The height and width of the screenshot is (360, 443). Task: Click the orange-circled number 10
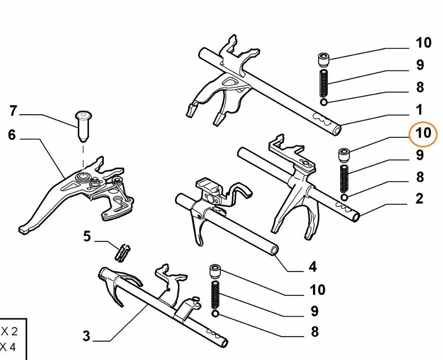424,132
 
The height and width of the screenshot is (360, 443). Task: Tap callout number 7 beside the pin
13,111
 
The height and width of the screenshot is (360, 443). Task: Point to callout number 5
87,236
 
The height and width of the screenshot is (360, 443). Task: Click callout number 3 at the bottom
86,336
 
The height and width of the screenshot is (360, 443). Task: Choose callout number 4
312,267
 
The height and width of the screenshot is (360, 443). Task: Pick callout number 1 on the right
419,109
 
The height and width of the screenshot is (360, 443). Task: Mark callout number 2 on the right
419,198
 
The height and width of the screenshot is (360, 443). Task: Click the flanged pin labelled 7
83,126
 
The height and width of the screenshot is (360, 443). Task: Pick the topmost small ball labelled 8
324,102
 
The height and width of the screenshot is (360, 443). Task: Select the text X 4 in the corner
8,347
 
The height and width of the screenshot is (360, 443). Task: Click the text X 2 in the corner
9,331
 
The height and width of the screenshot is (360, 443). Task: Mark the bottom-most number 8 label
315,332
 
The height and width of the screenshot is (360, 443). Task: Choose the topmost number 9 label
419,65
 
